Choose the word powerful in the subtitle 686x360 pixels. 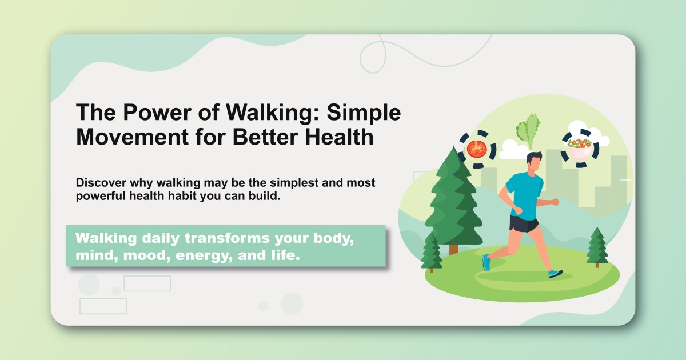100,195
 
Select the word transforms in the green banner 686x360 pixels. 226,238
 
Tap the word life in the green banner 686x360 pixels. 287,255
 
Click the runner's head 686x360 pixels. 533,162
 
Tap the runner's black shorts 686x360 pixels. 523,223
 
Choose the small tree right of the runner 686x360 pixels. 597,246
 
